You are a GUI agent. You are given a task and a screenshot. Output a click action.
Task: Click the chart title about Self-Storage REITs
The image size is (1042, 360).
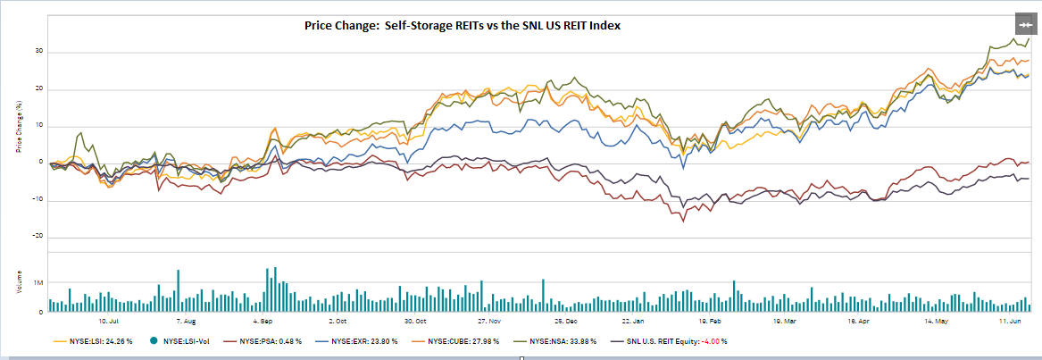click(462, 26)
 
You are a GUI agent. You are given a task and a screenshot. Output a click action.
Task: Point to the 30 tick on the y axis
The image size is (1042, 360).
click(40, 51)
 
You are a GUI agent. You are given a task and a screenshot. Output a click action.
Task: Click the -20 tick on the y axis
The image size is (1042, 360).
click(39, 237)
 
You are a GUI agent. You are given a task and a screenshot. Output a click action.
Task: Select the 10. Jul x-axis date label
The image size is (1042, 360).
click(109, 319)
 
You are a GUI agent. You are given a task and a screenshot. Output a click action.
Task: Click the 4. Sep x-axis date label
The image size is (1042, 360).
click(263, 319)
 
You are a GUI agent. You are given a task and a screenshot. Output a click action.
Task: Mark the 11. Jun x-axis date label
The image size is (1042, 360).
click(1010, 319)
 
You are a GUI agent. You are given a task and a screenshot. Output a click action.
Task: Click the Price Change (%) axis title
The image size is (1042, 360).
click(19, 126)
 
